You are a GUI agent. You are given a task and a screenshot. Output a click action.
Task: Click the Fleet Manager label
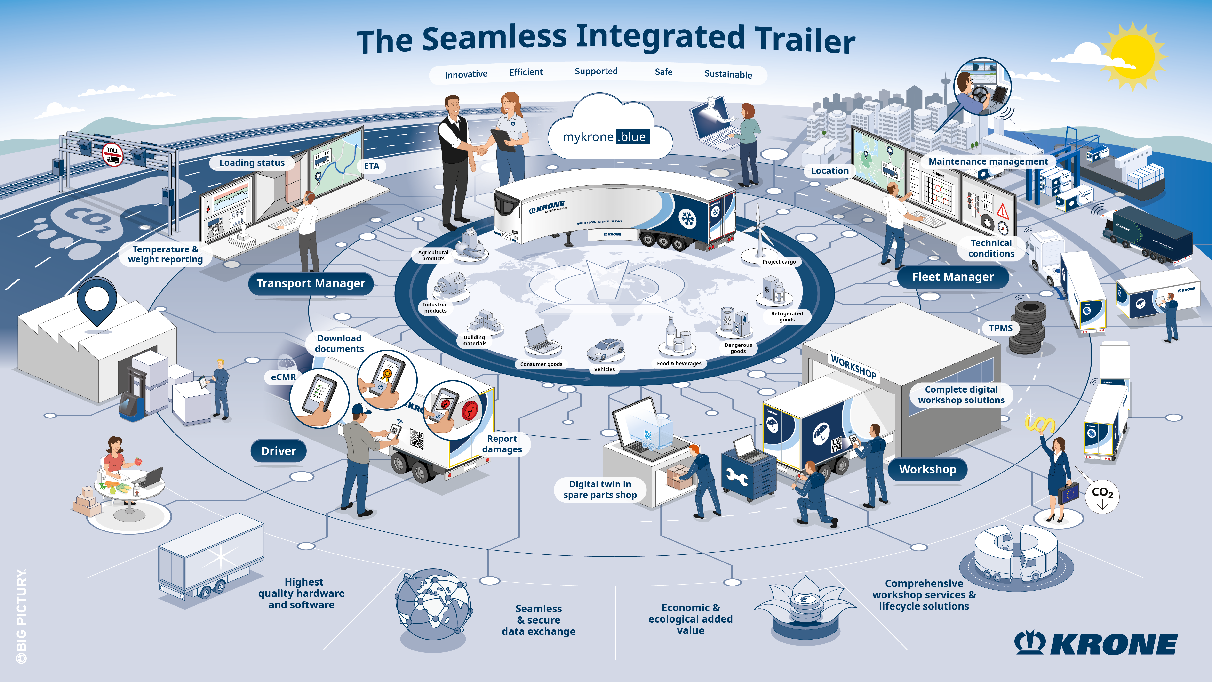pyautogui.click(x=953, y=277)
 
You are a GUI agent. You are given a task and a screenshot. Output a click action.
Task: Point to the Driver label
pyautogui.click(x=279, y=451)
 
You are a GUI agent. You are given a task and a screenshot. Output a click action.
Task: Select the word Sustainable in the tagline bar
pyautogui.click(x=728, y=74)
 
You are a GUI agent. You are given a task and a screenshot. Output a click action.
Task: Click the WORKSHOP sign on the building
pyautogui.click(x=853, y=367)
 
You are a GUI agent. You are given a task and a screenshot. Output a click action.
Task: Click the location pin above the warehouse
pyautogui.click(x=97, y=300)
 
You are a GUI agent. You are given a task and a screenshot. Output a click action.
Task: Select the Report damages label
pyautogui.click(x=502, y=444)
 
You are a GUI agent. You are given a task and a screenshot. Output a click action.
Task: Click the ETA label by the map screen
pyautogui.click(x=371, y=166)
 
